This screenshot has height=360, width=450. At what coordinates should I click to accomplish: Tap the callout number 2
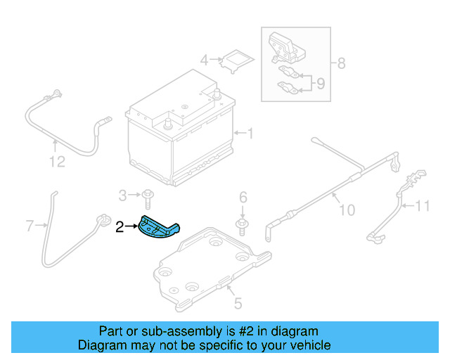[x=119, y=226]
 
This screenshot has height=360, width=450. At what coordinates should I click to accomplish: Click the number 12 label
[x=56, y=162]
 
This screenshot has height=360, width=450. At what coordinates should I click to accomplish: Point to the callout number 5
[x=238, y=303]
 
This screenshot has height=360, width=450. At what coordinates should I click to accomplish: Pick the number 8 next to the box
[x=341, y=64]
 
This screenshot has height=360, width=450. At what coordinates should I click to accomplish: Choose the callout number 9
[x=320, y=84]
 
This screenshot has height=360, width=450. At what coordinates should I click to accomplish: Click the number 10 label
[x=347, y=210]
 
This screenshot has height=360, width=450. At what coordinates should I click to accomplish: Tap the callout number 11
[x=421, y=206]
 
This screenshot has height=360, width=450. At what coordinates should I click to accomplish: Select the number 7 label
[x=30, y=226]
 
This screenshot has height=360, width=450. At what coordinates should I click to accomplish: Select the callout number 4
[x=204, y=60]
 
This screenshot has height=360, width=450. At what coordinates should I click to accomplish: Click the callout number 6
[x=243, y=196]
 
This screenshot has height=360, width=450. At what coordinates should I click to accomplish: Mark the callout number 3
[x=122, y=195]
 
